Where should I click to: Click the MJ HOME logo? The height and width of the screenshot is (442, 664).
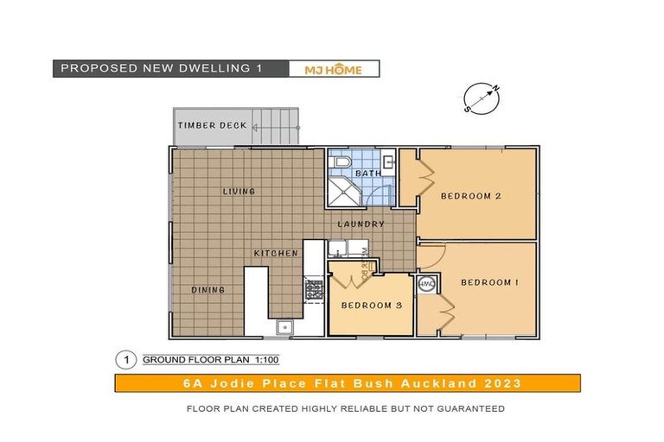[333, 69]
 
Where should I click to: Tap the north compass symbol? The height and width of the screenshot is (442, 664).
[482, 98]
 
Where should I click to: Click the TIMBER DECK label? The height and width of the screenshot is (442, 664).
[212, 125]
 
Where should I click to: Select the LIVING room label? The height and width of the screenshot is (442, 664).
[239, 192]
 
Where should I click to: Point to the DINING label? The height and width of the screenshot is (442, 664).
[207, 290]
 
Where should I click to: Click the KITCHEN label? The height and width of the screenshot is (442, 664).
[276, 253]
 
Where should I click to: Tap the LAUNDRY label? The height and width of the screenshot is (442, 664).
[361, 224]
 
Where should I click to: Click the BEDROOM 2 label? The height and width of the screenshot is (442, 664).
[471, 195]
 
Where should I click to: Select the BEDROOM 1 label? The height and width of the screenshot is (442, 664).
[489, 282]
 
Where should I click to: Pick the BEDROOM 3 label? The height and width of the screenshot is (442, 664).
[370, 305]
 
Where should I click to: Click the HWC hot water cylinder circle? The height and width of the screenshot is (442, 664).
[426, 284]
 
